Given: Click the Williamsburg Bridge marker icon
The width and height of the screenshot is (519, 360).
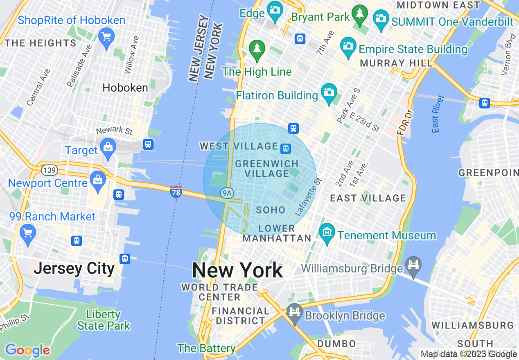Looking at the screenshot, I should [x=413, y=266].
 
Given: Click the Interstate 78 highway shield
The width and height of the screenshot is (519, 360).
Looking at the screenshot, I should [x=176, y=191].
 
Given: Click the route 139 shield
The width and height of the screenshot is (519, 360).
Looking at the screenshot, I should [x=49, y=169].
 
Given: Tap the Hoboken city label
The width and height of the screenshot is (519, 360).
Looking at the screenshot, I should [x=125, y=88].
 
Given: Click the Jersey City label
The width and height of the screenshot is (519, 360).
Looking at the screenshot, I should [x=74, y=268].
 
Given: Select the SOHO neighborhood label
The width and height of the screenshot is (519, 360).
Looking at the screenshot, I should [x=270, y=210].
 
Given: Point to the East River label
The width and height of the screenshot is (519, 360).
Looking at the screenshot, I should [x=438, y=114].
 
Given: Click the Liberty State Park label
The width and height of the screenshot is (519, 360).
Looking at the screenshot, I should [x=104, y=320].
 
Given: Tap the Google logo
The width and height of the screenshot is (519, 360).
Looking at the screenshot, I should [x=27, y=350].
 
